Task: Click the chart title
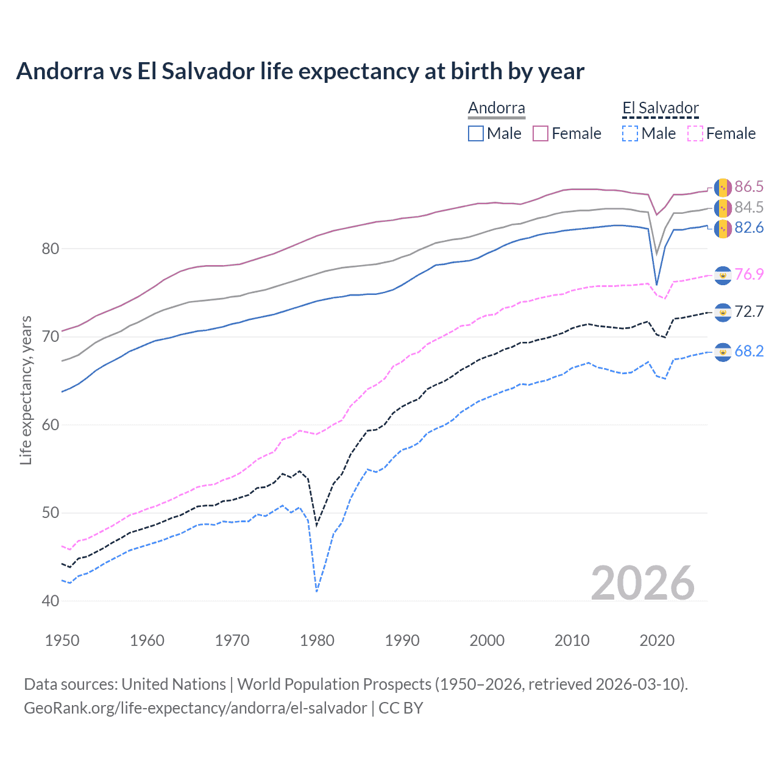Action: pyautogui.click(x=300, y=71)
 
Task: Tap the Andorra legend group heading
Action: pyautogui.click(x=496, y=108)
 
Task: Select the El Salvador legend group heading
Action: pyautogui.click(x=660, y=108)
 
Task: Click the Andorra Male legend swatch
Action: pyautogui.click(x=476, y=133)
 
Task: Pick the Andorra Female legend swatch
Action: pyautogui.click(x=541, y=133)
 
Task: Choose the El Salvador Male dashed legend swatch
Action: pyautogui.click(x=630, y=133)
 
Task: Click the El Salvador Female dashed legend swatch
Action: pyautogui.click(x=695, y=133)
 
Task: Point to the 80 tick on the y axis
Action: pyautogui.click(x=51, y=249)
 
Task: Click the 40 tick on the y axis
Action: pyautogui.click(x=51, y=601)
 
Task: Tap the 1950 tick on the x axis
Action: pyautogui.click(x=62, y=640)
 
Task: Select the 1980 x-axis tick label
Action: pyautogui.click(x=317, y=640)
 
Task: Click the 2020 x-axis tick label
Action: pyautogui.click(x=657, y=640)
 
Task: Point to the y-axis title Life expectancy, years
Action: pyautogui.click(x=26, y=390)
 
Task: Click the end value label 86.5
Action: pyautogui.click(x=748, y=186)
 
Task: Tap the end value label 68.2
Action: pyautogui.click(x=748, y=351)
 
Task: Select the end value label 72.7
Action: pyautogui.click(x=748, y=312)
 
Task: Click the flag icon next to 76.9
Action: pyautogui.click(x=723, y=275)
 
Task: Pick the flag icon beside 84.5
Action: pyautogui.click(x=723, y=208)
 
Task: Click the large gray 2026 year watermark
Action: pyautogui.click(x=642, y=583)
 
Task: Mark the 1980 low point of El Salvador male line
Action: pyautogui.click(x=317, y=591)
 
